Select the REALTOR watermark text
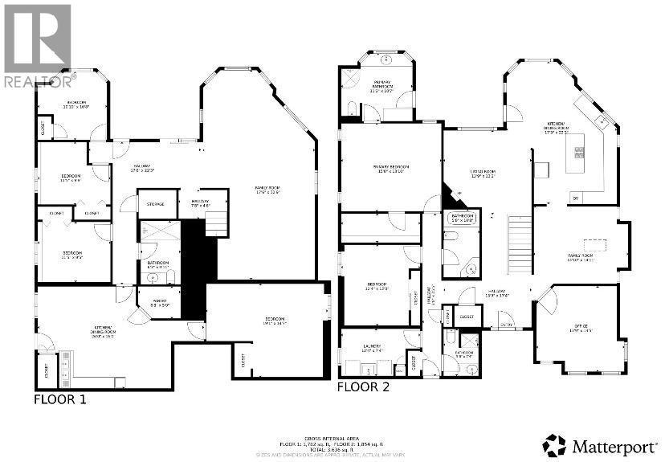click(39, 80)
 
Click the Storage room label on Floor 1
click(155, 204)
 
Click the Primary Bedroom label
click(391, 168)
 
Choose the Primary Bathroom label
click(381, 85)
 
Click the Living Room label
click(483, 172)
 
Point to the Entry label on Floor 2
click(507, 324)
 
